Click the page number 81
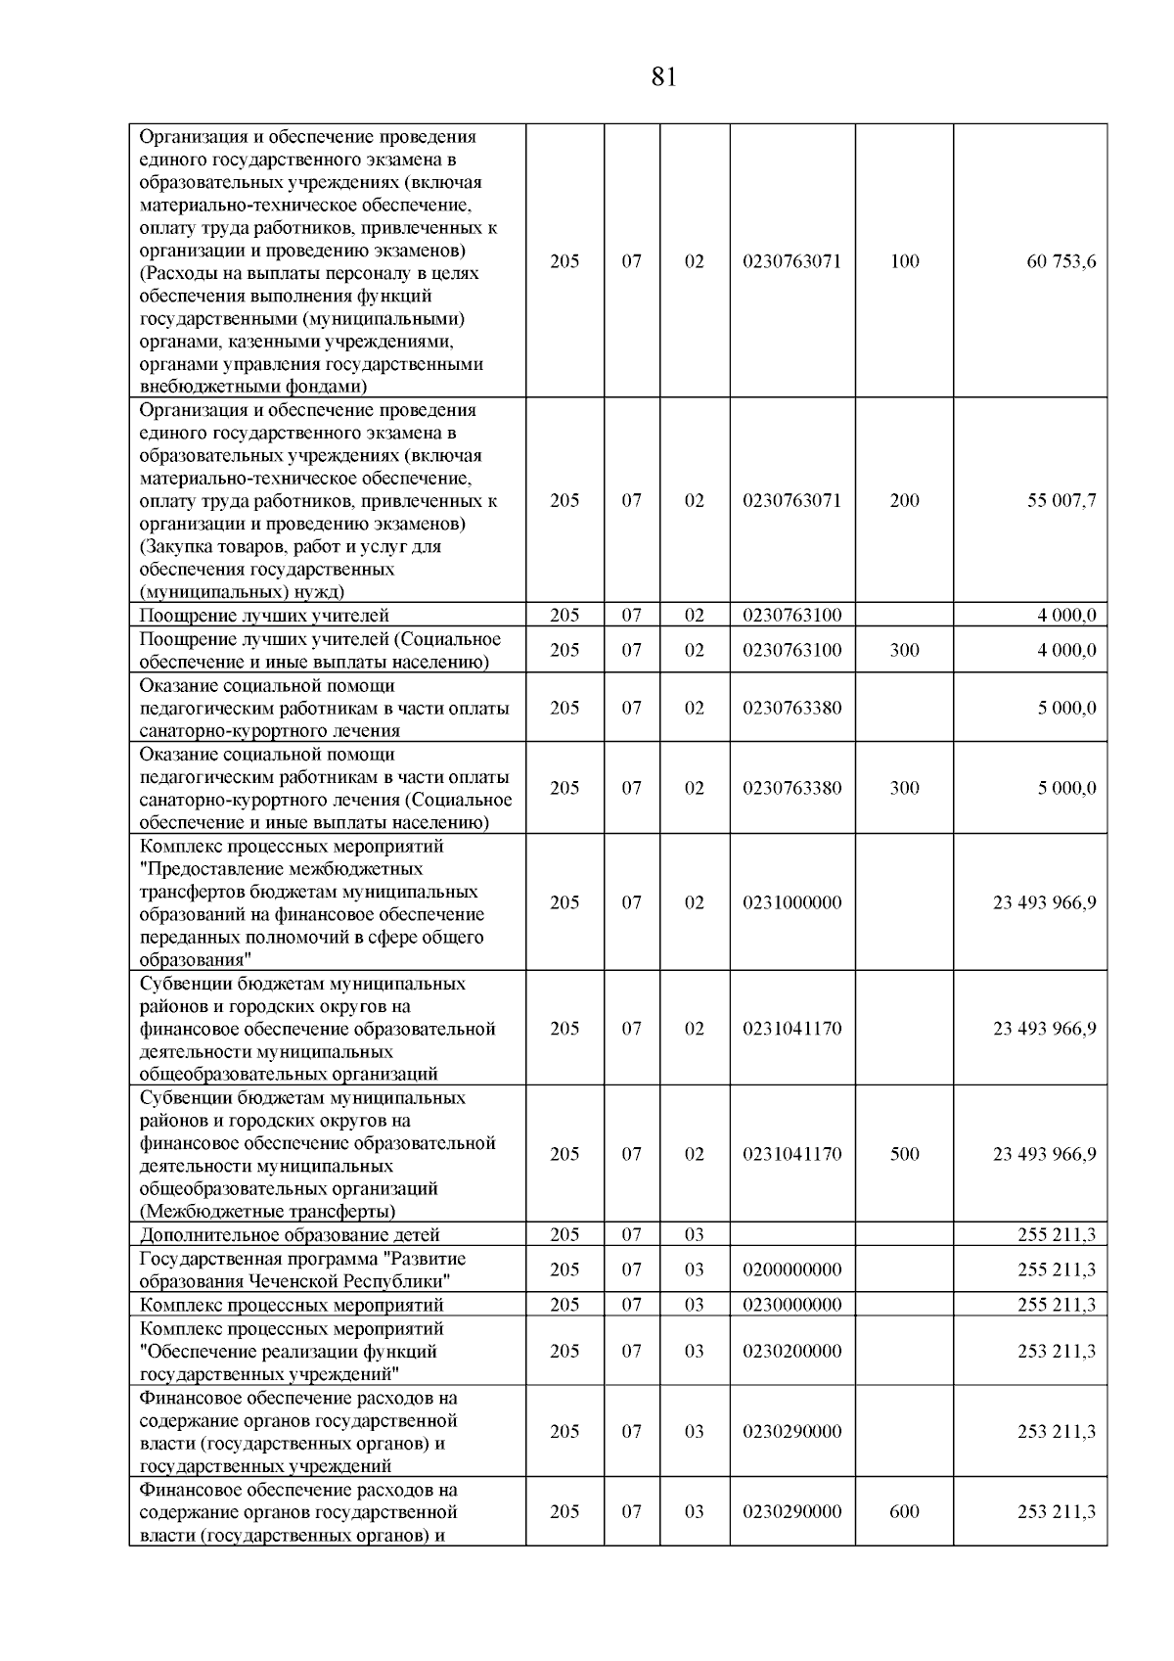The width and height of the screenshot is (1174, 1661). [x=663, y=77]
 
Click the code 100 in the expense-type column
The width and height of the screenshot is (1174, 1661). [x=904, y=261]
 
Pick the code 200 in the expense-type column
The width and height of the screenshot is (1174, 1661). [x=904, y=500]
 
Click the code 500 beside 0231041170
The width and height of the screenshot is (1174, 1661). [x=904, y=1154]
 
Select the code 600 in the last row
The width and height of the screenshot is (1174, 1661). [x=904, y=1511]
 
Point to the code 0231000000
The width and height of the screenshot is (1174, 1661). [x=791, y=902]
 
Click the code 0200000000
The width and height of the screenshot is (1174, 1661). [x=791, y=1269]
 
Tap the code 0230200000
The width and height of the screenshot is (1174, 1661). [x=791, y=1351]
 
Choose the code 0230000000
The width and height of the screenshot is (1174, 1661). [x=791, y=1305]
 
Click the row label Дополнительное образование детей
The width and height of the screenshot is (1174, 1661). [x=290, y=1234]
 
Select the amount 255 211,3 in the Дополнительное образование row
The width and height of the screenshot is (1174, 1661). [x=1056, y=1234]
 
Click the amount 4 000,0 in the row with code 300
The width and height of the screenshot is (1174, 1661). [x=1066, y=650]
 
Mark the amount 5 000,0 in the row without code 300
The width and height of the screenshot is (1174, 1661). [x=1066, y=708]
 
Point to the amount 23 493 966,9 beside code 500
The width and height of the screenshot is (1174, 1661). [x=1044, y=1154]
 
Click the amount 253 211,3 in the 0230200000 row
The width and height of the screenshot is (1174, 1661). [x=1056, y=1351]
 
